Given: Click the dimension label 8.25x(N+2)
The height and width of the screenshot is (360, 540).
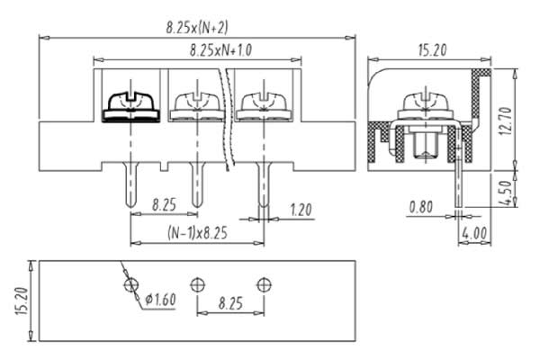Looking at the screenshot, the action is coord(197,28).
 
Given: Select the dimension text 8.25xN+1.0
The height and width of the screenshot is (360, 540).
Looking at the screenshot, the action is coord(220,50).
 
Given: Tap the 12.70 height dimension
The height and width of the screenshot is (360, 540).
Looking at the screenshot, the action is coord(506,121).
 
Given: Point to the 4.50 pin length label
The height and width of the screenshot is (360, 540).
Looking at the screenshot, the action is coord(506,193).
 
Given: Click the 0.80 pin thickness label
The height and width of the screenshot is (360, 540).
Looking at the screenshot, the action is coord(421,207).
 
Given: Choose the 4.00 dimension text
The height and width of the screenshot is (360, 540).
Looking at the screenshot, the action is coord(474,234).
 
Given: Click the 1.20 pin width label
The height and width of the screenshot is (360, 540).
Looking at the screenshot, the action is coord(301,210).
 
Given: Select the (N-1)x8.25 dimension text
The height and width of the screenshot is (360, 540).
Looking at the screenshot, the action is coord(197,233).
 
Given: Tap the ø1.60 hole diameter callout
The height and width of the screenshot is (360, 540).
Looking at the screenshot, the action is coord(160,300).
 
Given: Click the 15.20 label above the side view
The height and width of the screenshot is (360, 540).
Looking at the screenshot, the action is coord(433,50).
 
